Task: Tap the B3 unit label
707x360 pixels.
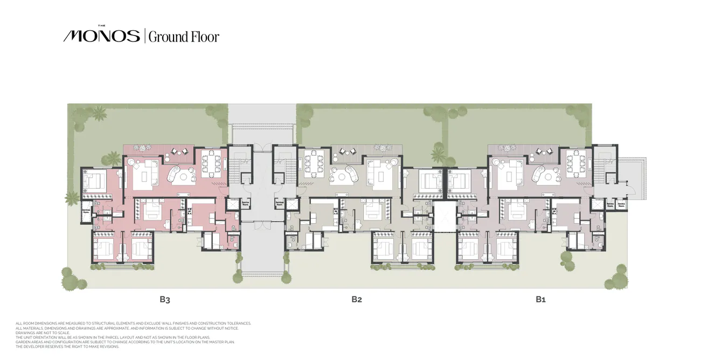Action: pos(165,299)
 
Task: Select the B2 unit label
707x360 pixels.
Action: pos(356,299)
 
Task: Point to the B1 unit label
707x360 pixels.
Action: pos(540,299)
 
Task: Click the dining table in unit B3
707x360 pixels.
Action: pos(210,163)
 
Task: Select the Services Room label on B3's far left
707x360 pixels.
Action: pos(86,211)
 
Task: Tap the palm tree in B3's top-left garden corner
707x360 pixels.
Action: pos(99,114)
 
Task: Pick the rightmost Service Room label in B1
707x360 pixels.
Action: pos(621,204)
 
